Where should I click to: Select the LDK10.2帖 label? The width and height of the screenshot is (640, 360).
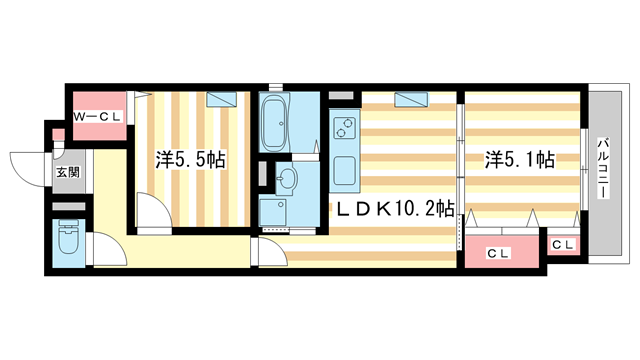[x=394, y=209]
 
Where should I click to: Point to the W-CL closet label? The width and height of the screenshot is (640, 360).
[x=99, y=117]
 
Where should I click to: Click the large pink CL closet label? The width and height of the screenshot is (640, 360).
[x=498, y=253]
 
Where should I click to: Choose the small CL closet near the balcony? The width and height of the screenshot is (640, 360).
[x=562, y=245]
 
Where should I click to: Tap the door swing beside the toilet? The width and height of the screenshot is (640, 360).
[x=105, y=250]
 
